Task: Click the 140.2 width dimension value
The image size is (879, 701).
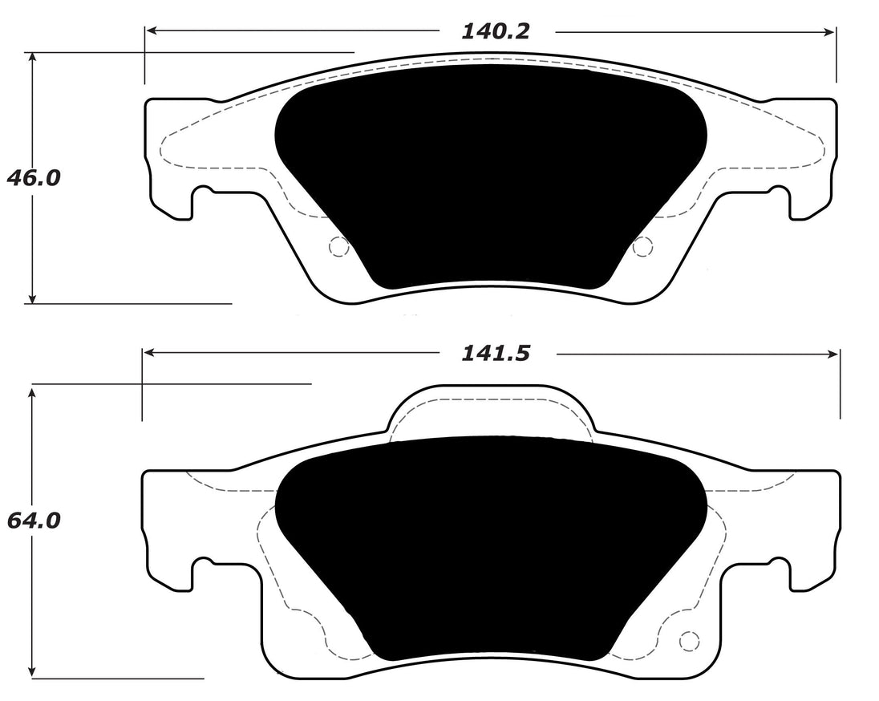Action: (x=496, y=31)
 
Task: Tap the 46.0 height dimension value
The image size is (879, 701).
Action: (x=33, y=177)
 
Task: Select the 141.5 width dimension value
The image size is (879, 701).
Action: (x=496, y=353)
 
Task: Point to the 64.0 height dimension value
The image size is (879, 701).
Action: (x=33, y=521)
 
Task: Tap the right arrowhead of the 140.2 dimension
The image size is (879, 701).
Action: (x=831, y=31)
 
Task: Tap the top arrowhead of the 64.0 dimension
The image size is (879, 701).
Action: (x=32, y=391)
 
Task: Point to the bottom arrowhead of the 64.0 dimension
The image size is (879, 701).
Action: (x=32, y=672)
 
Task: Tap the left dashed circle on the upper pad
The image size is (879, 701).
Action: (x=339, y=248)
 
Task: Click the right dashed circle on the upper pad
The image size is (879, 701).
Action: (x=642, y=248)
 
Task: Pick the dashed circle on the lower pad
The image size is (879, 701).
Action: (x=687, y=642)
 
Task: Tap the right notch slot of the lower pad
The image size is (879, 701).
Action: (x=778, y=571)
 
